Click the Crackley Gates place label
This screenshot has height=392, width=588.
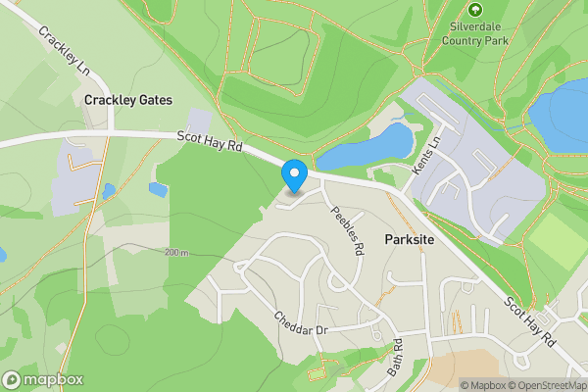pos(128,100)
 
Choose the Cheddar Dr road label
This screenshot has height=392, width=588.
pos(300,324)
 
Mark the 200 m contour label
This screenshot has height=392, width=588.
pos(177,253)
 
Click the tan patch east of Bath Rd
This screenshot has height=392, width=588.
pos(470,367)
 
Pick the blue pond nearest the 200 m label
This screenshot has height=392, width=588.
pos(158,189)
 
